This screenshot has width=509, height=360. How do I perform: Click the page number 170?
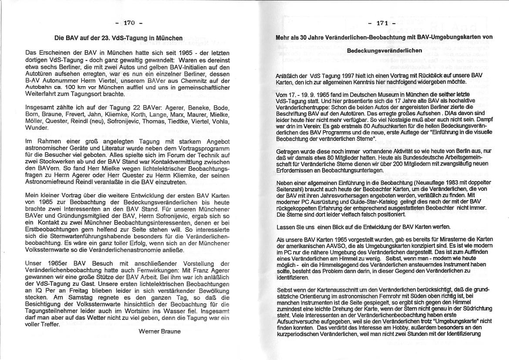point(129,23)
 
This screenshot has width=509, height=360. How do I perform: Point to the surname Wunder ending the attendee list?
point(37,128)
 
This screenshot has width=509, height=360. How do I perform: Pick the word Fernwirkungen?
point(202,270)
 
